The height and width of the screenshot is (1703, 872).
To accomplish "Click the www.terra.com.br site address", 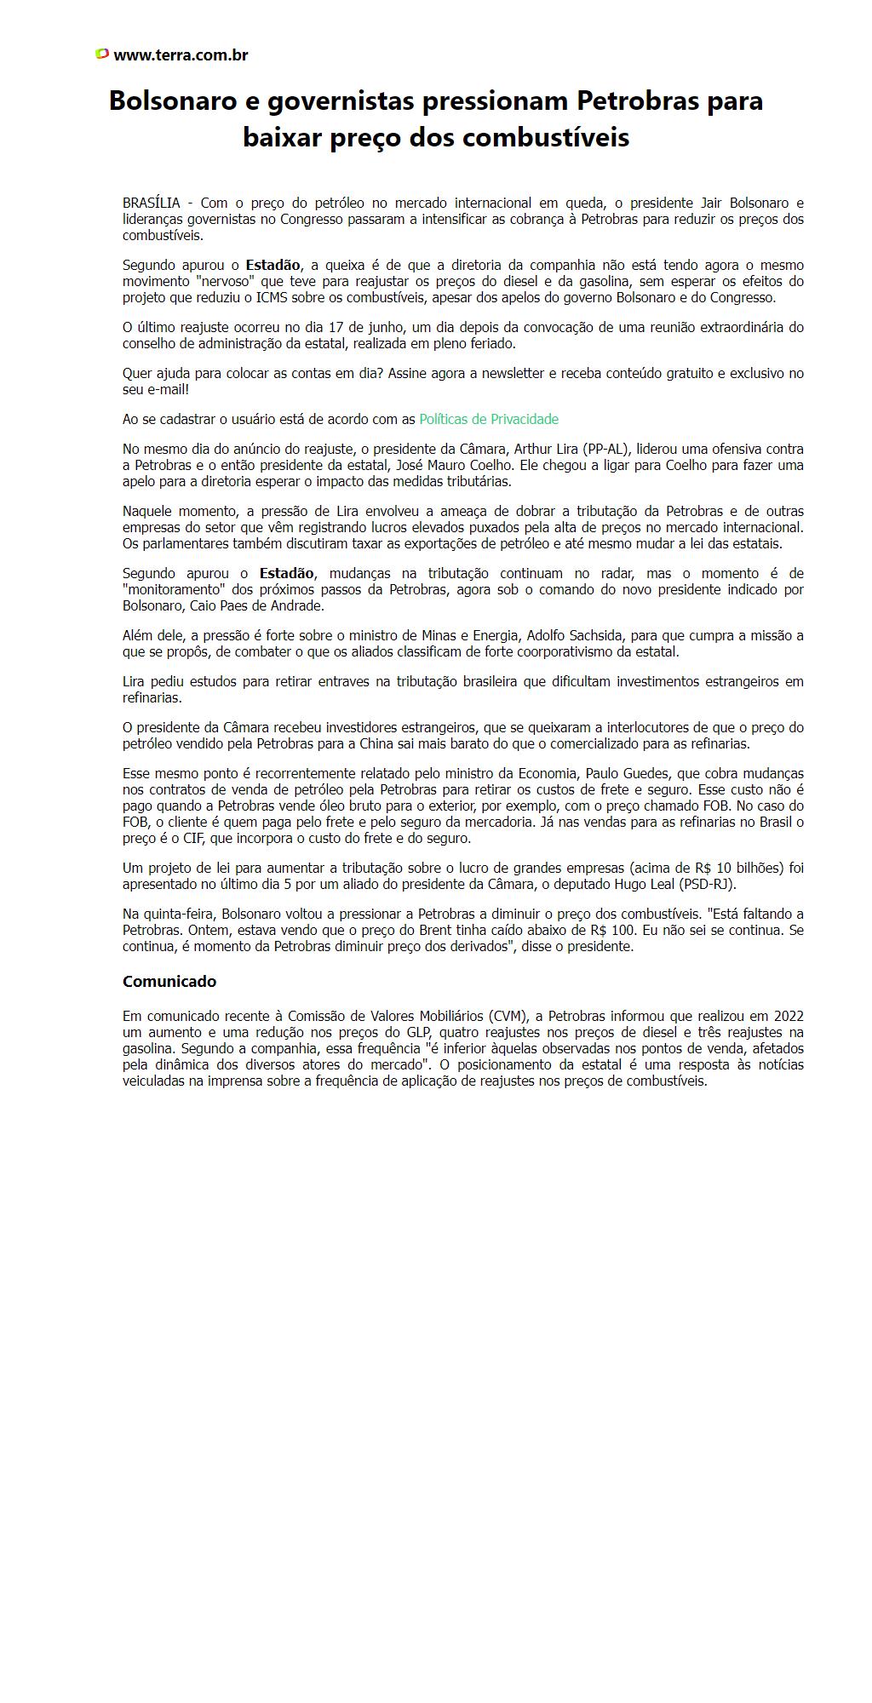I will pos(181,55).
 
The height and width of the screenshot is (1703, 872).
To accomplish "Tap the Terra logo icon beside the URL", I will pos(102,54).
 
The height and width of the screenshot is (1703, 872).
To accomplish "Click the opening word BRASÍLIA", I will pos(152,204).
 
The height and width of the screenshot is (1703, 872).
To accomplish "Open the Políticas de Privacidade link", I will pos(489,419).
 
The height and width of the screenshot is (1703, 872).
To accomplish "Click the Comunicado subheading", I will pos(169,982).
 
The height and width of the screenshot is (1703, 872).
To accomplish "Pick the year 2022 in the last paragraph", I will pos(788,1016).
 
